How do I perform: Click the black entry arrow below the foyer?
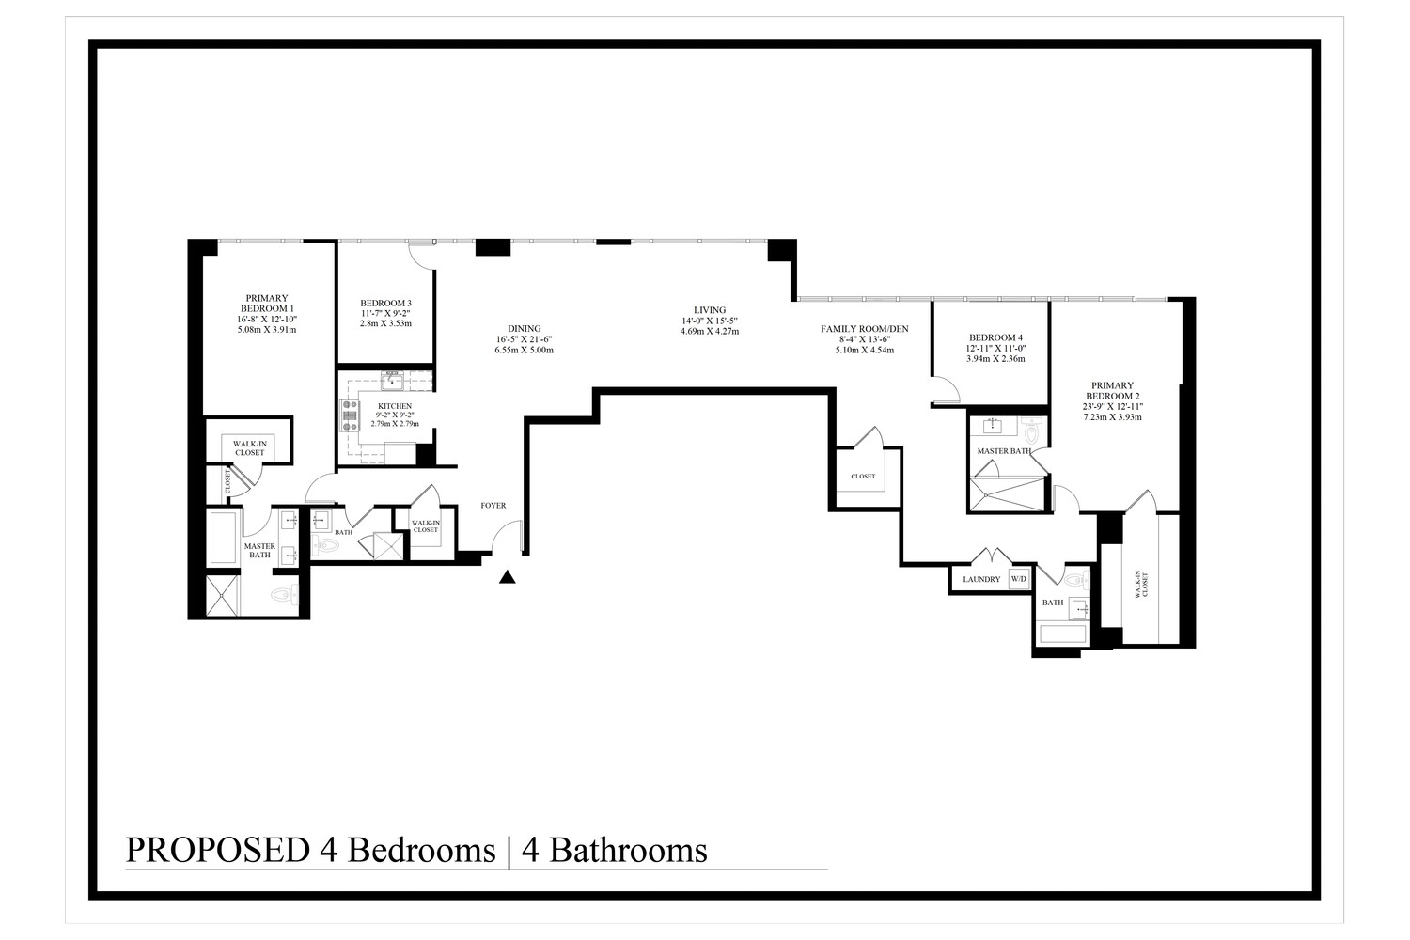pos(508,577)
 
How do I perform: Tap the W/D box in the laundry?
pos(1019,579)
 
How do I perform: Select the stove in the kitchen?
pos(350,415)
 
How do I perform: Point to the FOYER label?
pos(493,506)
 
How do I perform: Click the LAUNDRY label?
pos(981,579)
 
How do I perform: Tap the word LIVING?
pos(710,310)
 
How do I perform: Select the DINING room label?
pos(524,329)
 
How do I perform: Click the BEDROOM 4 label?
pos(995,337)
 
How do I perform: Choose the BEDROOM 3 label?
pos(385,302)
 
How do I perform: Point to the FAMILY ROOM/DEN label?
pos(864,329)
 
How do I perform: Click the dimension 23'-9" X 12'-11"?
pos(1113,406)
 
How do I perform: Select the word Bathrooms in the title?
pos(628,850)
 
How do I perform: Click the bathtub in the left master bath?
pos(223,538)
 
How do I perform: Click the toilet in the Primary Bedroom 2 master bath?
pos(1032,431)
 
